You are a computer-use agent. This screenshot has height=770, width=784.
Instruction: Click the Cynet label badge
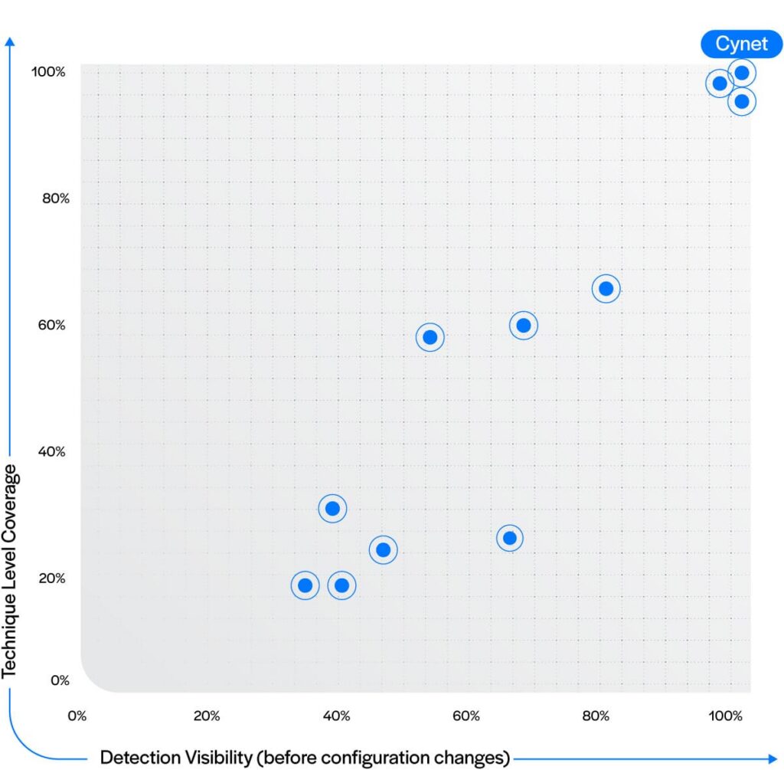[x=741, y=44]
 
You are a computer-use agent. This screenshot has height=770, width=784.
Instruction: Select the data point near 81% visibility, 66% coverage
[x=606, y=289]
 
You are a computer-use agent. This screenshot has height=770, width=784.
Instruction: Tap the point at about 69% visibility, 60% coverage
[x=524, y=326]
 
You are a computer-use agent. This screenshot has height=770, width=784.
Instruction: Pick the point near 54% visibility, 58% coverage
[x=430, y=337]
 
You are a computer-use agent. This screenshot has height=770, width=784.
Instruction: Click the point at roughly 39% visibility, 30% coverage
[x=332, y=508]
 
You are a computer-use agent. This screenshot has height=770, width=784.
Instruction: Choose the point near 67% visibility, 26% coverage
[x=509, y=539]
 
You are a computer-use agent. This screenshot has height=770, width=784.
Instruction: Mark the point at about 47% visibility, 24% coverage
[x=384, y=550]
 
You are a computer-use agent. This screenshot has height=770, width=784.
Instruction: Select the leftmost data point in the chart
[x=305, y=585]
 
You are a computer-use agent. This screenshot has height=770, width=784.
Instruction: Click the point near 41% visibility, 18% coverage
[x=342, y=585]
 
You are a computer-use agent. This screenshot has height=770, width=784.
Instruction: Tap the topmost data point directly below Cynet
[x=741, y=73]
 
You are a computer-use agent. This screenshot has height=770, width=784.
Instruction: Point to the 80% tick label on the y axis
[x=55, y=198]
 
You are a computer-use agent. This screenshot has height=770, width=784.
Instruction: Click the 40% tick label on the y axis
[x=51, y=452]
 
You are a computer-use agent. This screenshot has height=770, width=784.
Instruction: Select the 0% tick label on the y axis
[x=60, y=680]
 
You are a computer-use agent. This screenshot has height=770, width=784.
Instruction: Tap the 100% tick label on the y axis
[x=48, y=72]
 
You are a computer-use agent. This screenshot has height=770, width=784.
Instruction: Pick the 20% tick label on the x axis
[x=207, y=716]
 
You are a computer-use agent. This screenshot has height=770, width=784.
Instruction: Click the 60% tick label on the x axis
[x=466, y=716]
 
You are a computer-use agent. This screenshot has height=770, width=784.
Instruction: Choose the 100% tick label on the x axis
[x=726, y=716]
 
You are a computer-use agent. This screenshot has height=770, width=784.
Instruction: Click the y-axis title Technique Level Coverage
[x=10, y=572]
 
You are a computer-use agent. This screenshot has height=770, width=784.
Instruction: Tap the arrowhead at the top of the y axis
[x=10, y=41]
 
